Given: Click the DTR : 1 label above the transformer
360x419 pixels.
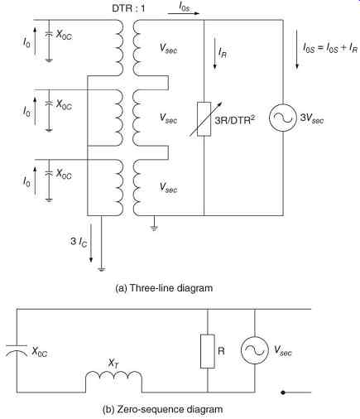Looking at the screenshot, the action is [128, 8].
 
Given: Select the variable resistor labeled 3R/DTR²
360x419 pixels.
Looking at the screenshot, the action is [204, 119].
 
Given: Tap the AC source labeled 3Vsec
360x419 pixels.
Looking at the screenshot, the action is [283, 118].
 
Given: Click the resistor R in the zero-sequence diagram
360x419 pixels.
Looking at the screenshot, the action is [208, 351].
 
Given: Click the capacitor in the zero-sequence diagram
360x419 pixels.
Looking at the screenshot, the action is [17, 349].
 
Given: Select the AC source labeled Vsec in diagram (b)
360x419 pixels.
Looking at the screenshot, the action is [254, 350].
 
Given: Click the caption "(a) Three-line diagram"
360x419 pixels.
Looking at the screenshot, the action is [164, 288].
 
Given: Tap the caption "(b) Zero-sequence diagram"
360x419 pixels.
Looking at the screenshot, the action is [162, 409].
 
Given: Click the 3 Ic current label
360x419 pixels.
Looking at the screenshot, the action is [79, 242].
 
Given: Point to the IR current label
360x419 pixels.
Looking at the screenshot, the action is [223, 52].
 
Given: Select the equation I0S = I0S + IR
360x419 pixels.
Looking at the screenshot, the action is [330, 49].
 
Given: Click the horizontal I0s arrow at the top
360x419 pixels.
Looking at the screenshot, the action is [183, 13].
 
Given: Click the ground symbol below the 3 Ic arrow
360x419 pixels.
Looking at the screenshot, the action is [102, 268].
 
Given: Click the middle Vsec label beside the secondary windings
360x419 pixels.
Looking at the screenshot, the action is [168, 118].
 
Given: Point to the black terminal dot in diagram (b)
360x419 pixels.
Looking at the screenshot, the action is [283, 393].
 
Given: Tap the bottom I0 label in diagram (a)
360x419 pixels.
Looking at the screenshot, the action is [26, 182].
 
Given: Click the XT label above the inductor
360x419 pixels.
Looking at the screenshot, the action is [113, 364].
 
